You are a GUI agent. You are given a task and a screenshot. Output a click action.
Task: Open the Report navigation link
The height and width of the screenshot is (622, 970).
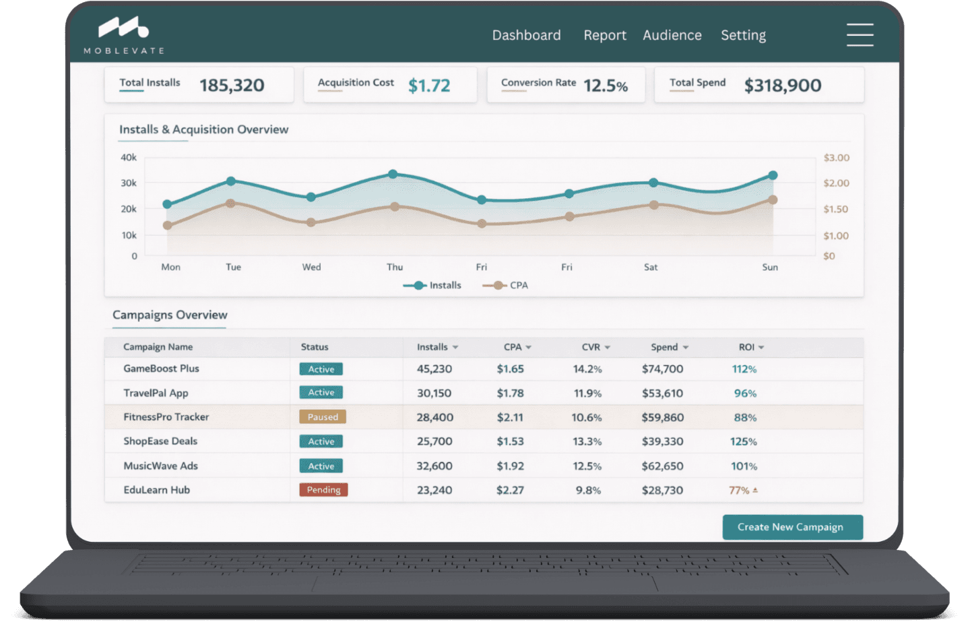click(604, 35)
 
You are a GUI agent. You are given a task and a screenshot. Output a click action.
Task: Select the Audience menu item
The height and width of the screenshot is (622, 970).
click(672, 35)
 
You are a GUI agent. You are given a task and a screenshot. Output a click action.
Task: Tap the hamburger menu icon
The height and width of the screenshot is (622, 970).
click(860, 35)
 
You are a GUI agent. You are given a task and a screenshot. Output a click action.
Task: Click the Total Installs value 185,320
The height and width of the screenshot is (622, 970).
click(232, 86)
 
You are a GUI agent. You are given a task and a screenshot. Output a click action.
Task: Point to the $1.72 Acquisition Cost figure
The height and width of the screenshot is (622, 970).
click(429, 86)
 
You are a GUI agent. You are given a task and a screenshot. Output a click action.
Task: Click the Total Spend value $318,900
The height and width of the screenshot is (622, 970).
click(782, 86)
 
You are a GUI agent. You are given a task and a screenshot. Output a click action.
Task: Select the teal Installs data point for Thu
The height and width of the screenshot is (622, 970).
click(393, 174)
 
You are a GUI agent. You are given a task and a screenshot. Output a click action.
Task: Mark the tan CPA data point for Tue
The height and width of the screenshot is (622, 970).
click(230, 203)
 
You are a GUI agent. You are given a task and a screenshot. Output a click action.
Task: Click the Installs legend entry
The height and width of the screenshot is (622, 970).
click(433, 285)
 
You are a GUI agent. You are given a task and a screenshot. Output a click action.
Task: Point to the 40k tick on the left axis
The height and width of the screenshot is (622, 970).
click(129, 158)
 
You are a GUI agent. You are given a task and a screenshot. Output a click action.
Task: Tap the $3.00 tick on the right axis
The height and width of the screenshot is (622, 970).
click(836, 158)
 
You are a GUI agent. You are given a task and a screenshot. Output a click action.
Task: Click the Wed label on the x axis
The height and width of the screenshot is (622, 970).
click(311, 267)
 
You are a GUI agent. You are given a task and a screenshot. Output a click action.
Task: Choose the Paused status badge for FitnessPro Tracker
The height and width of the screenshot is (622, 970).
click(323, 417)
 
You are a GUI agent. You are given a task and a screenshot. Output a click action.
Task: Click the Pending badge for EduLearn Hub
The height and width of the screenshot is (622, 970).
click(323, 490)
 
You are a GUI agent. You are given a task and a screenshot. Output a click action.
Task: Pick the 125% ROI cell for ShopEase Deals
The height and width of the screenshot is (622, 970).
click(744, 441)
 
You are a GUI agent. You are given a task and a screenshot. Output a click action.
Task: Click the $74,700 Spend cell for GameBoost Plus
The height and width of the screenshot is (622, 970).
click(662, 369)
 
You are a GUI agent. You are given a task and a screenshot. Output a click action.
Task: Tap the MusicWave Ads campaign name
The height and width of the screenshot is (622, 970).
click(160, 466)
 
